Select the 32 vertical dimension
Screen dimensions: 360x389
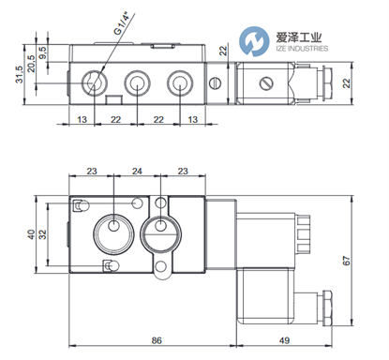[x=43, y=237]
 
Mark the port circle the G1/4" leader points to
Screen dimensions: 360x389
[x=94, y=83]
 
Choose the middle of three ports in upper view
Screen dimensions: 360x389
[x=137, y=83]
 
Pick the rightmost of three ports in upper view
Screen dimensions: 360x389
[x=178, y=83]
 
